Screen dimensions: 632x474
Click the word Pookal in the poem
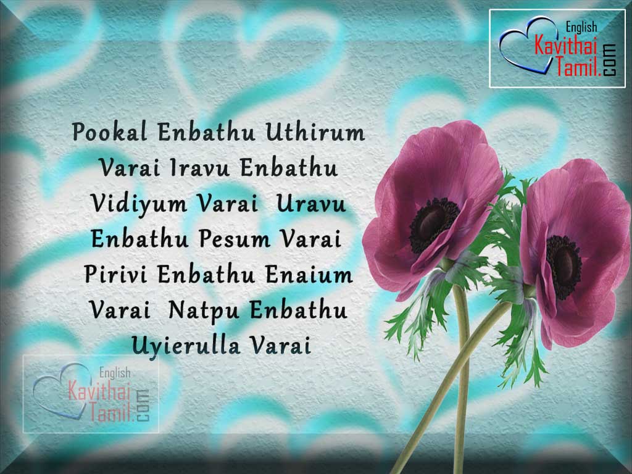tap(109, 132)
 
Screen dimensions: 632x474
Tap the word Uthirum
tap(315, 132)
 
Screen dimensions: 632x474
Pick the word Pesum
tap(235, 239)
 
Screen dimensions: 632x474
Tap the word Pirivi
tap(115, 275)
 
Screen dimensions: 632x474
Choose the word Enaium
tap(309, 275)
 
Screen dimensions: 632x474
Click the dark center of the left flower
tap(434, 225)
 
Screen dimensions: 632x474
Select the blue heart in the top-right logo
tap(525, 45)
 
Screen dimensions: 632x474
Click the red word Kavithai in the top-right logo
tap(565, 45)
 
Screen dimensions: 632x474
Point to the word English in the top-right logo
tap(581, 27)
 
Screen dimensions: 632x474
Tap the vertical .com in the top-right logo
tap(610, 60)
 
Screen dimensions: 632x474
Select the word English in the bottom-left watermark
tap(115, 373)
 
